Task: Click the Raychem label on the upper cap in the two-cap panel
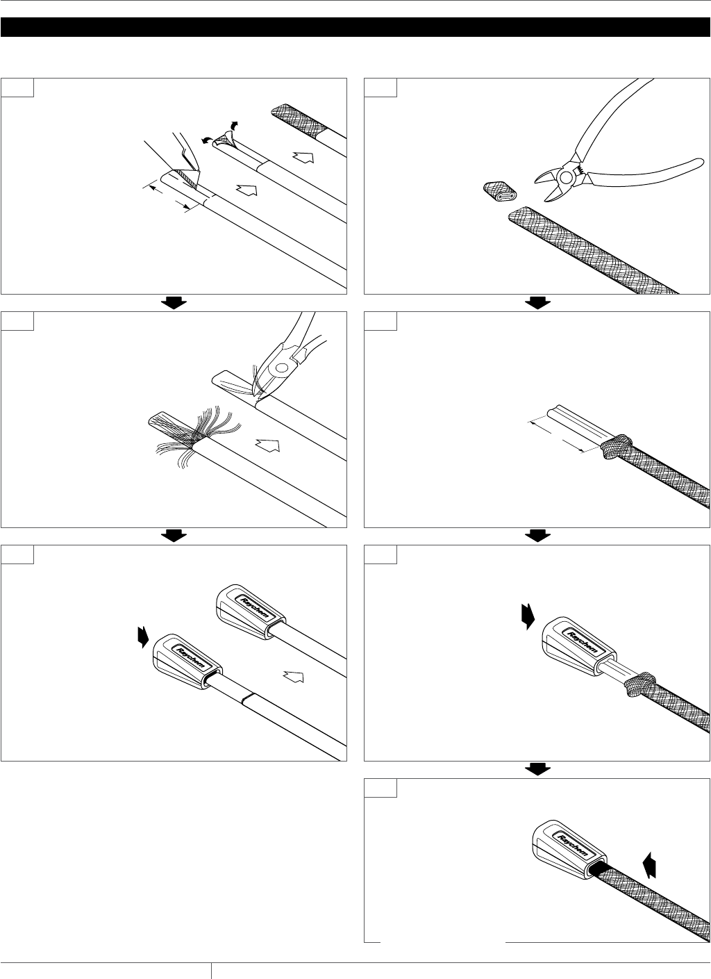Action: pos(258,608)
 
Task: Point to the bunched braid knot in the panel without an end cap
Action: pos(616,447)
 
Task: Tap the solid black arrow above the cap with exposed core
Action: pos(528,616)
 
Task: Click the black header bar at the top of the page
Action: pos(355,27)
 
